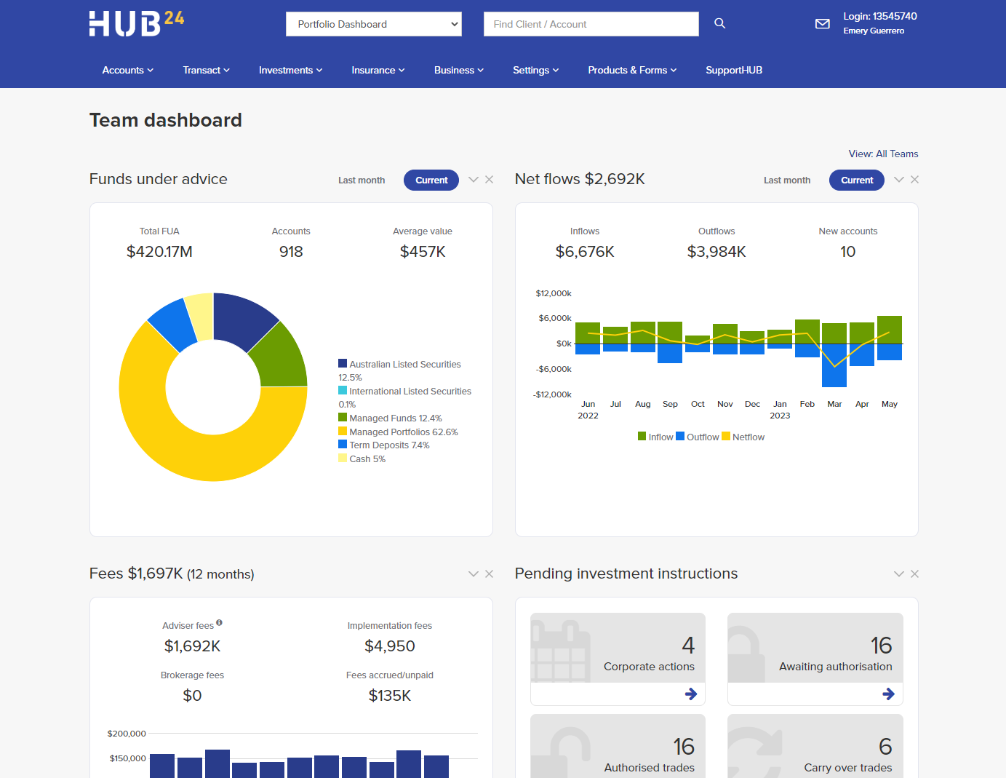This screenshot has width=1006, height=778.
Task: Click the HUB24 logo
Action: click(x=136, y=23)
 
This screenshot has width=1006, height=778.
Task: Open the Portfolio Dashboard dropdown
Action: click(x=374, y=24)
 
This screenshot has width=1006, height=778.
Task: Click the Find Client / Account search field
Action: click(x=591, y=24)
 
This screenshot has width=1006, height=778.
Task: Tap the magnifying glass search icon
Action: click(x=719, y=23)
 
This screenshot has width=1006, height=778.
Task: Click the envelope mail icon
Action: click(x=822, y=24)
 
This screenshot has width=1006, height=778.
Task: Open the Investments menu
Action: click(x=290, y=70)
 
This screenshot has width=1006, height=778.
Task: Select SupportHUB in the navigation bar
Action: click(x=733, y=70)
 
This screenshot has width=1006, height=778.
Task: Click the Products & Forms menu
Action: click(x=631, y=70)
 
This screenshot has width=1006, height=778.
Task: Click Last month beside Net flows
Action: click(x=786, y=180)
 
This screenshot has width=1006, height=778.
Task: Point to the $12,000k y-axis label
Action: click(x=553, y=293)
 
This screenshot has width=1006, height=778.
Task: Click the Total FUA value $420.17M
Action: click(x=159, y=252)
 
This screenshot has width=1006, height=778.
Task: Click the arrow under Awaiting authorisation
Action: click(x=888, y=694)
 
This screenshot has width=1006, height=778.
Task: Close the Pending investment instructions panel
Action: click(x=914, y=574)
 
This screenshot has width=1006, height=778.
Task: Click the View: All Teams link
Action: click(x=883, y=154)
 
